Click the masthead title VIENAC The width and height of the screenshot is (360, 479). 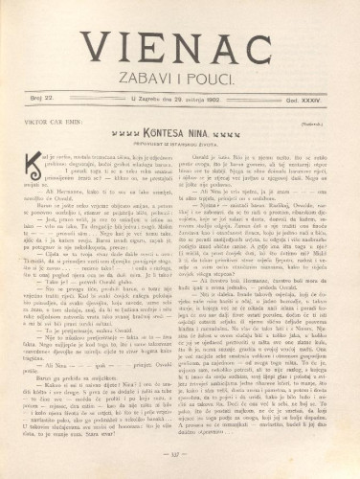[x=180, y=45]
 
